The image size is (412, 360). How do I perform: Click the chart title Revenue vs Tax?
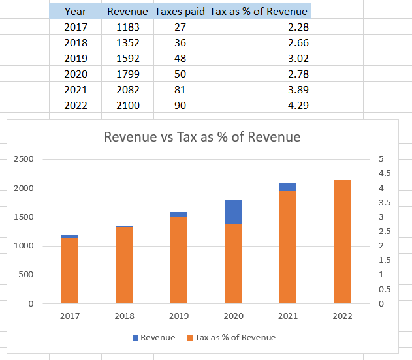[202, 137]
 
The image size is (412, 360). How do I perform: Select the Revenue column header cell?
[127, 12]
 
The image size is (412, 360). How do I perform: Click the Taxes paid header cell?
[180, 12]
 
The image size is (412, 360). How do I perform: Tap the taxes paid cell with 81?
[180, 89]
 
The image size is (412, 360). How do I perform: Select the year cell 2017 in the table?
[75, 27]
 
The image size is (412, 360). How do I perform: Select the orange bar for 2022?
[342, 241]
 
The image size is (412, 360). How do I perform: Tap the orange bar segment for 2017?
[70, 271]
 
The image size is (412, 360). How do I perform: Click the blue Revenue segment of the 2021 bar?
[287, 187]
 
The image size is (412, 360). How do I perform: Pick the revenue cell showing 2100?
[127, 105]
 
